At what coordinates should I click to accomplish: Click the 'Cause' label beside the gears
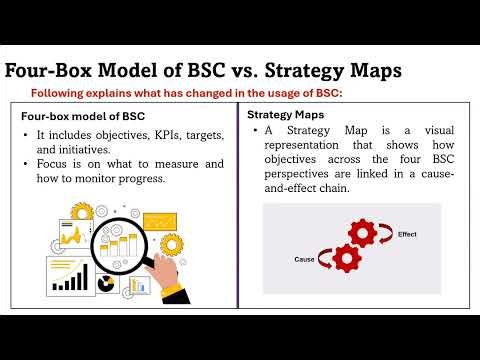305,259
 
